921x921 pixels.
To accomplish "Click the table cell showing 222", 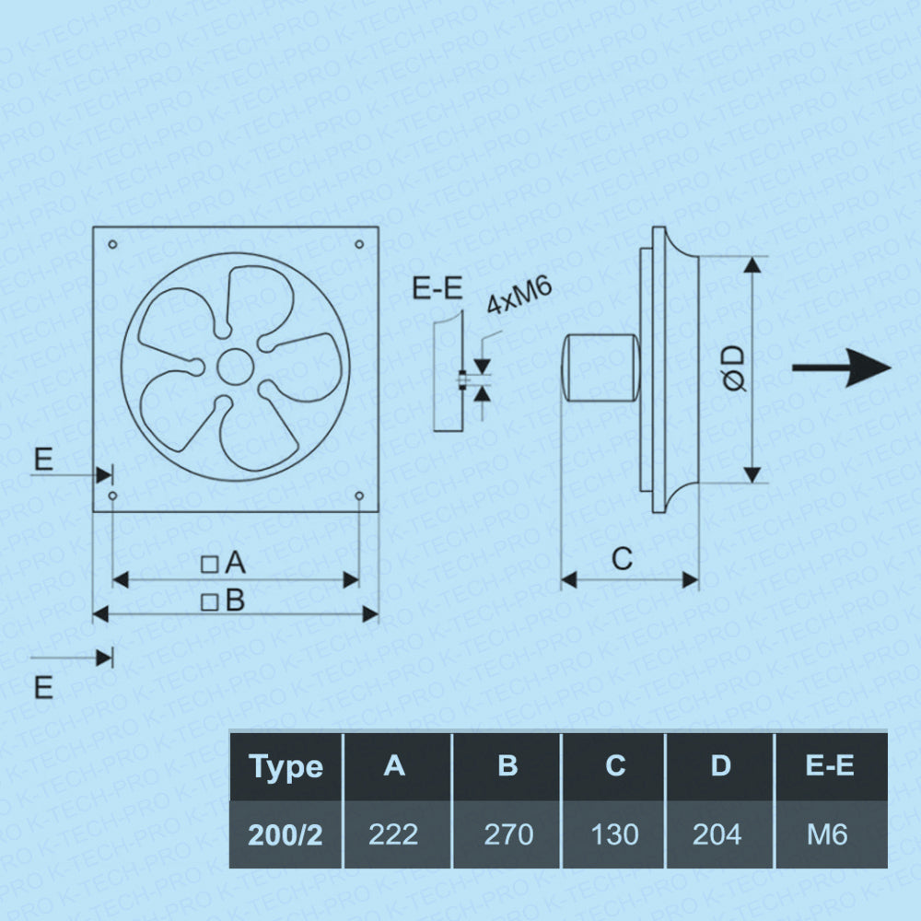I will [x=393, y=834].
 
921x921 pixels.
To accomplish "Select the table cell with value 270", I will [x=507, y=834].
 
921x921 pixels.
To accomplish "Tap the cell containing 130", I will [x=614, y=834].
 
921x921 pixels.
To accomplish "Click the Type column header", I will [x=286, y=766].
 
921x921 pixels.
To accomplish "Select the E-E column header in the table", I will [x=830, y=766].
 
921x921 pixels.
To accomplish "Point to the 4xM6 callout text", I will [x=519, y=297].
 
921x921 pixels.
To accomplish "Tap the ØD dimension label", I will [x=734, y=369].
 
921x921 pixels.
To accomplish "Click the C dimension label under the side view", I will [x=623, y=558].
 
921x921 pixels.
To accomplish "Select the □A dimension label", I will [x=224, y=562].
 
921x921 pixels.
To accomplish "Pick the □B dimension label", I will [x=224, y=601].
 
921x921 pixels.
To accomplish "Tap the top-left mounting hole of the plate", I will [x=112, y=245].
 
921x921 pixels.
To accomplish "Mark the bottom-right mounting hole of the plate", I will [x=358, y=496].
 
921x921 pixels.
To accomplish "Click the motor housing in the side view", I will [x=600, y=367].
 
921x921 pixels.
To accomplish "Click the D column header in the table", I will [x=720, y=766].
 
